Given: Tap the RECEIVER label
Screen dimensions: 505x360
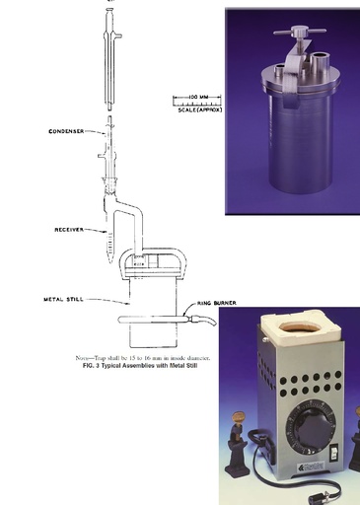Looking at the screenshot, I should point(72,230).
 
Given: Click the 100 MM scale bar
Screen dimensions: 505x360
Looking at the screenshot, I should point(188,98).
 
